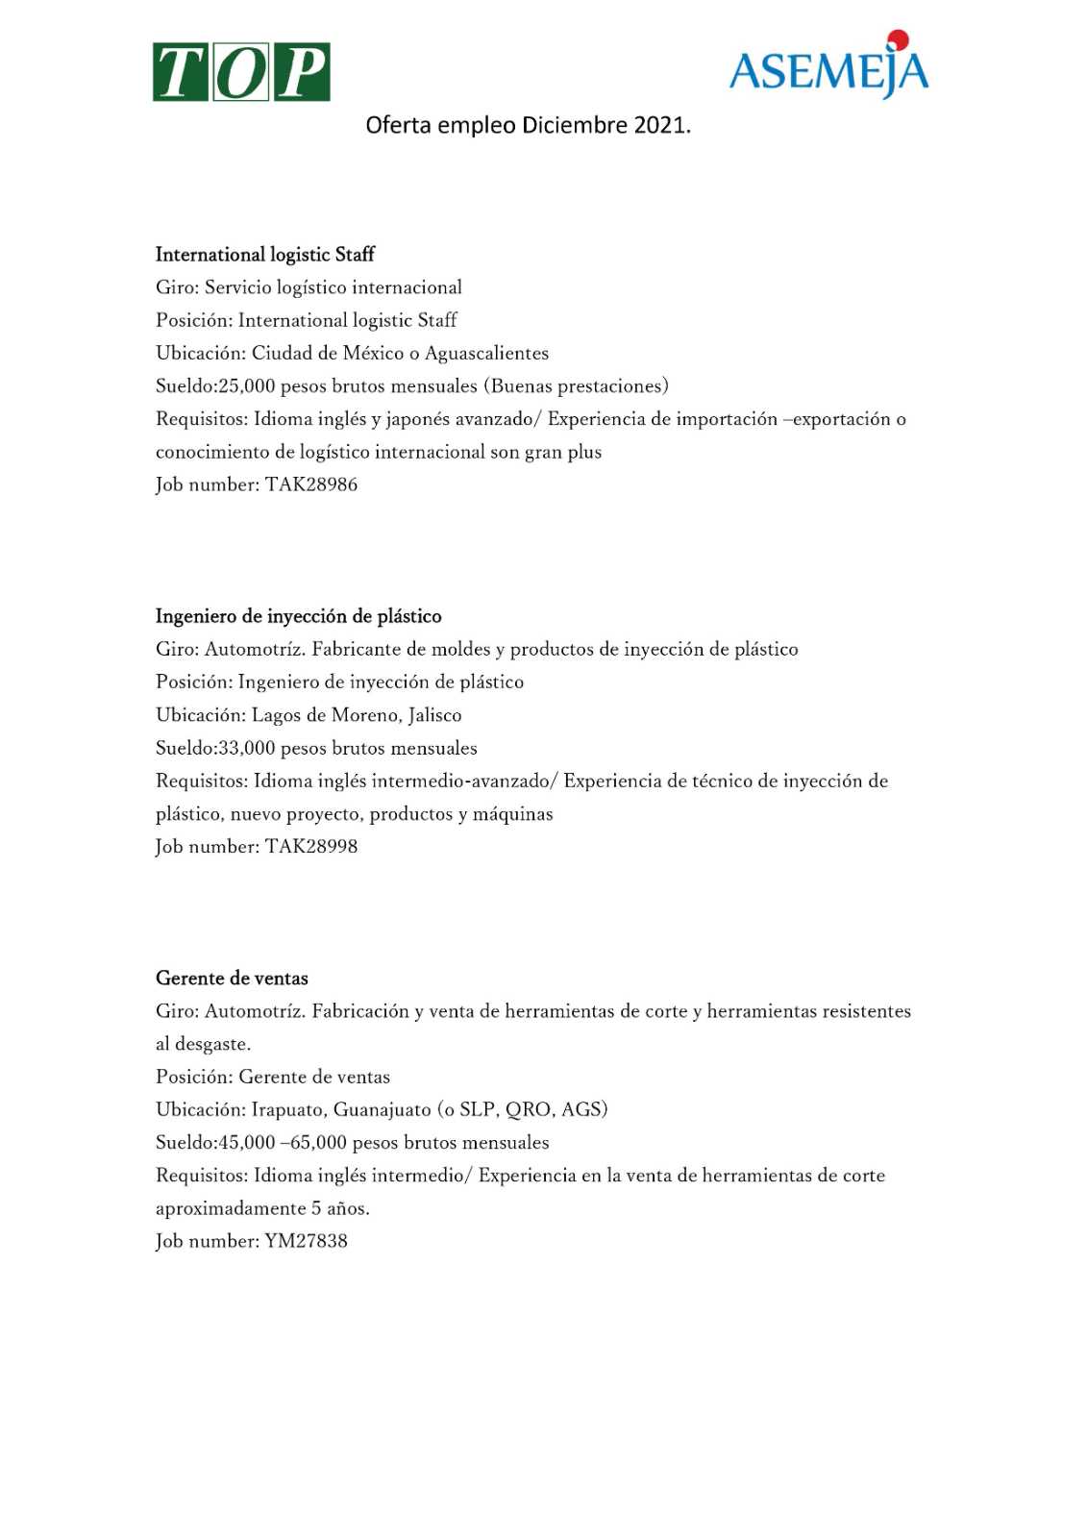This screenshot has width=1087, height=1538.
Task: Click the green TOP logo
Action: click(241, 72)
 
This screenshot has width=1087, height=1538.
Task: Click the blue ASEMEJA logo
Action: click(828, 70)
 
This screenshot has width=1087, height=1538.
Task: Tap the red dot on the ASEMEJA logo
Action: click(898, 39)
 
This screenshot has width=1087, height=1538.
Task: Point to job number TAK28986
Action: click(311, 484)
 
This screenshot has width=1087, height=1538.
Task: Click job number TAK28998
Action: click(311, 847)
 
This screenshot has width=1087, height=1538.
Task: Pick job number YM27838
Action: click(306, 1241)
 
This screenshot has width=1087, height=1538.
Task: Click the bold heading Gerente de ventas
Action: click(232, 979)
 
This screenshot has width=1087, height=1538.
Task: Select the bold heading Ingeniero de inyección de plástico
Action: click(299, 616)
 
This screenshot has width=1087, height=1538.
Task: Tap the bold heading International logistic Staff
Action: click(265, 255)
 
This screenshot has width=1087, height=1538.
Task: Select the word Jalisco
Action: click(434, 715)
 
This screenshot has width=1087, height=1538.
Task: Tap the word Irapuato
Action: click(287, 1110)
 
